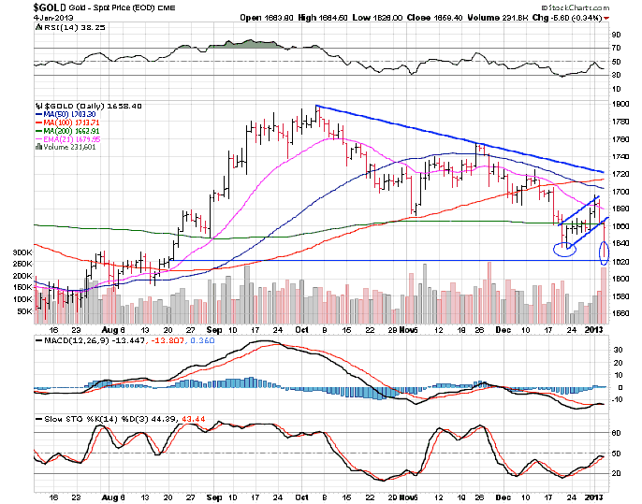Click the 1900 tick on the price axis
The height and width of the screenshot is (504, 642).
[x=619, y=105]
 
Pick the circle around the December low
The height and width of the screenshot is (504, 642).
[x=563, y=250]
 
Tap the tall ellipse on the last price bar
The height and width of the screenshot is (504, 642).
[x=605, y=251]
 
